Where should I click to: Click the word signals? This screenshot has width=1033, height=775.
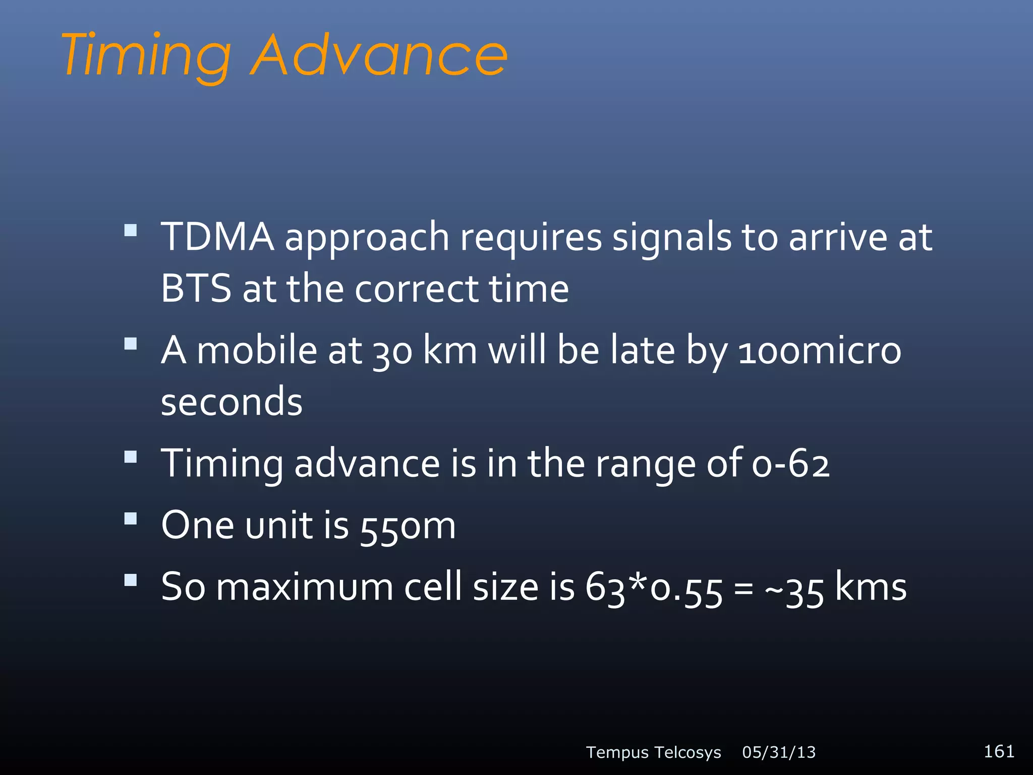coord(671,237)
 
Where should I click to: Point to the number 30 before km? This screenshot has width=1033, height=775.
coord(392,352)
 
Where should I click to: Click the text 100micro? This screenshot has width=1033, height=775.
coord(819,351)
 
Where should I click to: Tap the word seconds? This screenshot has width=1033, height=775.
coord(232,402)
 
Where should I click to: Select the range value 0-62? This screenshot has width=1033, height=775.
coord(790,464)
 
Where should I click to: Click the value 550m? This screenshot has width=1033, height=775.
coord(408,526)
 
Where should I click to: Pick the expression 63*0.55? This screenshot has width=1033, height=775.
coord(654,588)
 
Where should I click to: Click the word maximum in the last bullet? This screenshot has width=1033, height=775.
coord(305,588)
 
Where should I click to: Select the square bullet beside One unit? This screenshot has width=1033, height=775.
coord(131,519)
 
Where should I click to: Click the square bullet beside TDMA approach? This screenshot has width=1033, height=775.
coord(131,231)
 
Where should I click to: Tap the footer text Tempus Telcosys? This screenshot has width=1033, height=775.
coord(653,752)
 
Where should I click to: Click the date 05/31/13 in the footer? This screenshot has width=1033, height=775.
coord(779,752)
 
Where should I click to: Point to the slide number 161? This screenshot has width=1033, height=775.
coord(999,751)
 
